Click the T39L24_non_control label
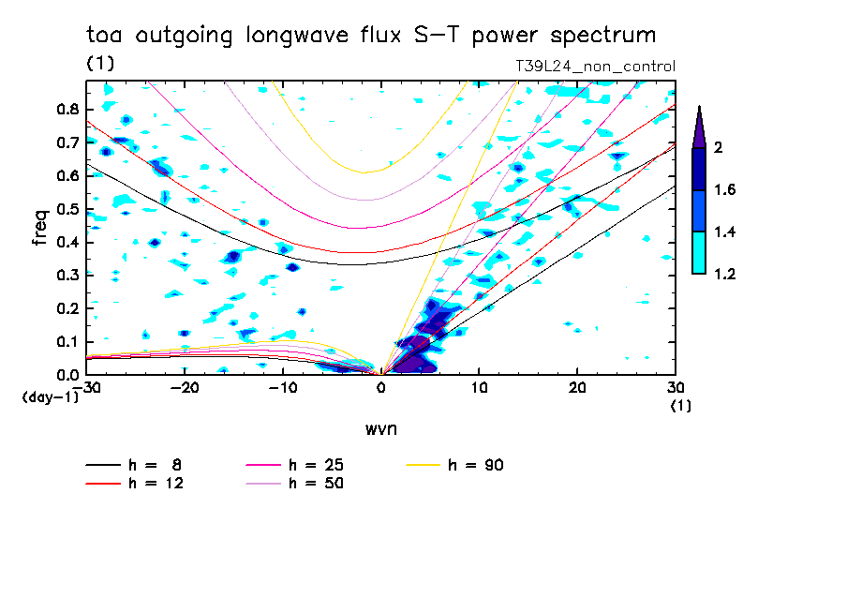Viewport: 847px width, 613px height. (595, 67)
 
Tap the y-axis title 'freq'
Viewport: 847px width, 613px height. (40, 227)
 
